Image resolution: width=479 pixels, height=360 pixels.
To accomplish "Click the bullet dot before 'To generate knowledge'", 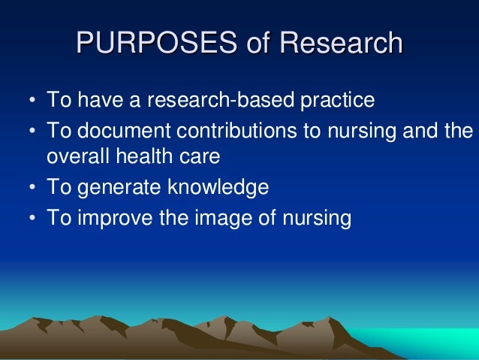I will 32,189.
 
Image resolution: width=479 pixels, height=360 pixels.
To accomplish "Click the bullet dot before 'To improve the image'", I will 32,218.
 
